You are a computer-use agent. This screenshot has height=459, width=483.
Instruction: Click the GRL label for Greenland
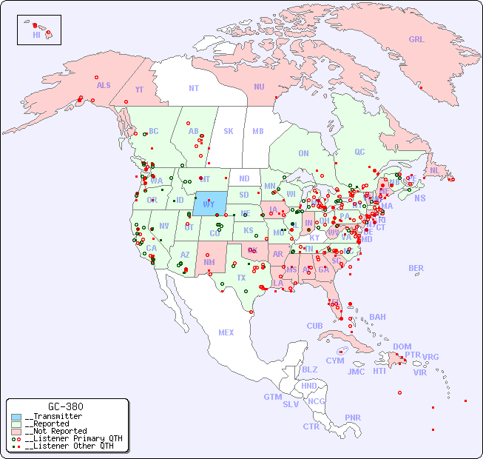[x=416, y=40]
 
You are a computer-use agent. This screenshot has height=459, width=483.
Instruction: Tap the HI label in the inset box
[x=36, y=35]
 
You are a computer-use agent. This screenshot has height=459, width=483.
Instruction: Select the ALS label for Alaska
[x=104, y=85]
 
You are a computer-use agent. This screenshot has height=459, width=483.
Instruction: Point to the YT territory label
[x=139, y=89]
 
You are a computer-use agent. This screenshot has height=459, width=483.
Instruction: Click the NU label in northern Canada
[x=259, y=87]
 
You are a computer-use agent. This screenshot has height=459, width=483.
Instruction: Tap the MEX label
[x=226, y=332]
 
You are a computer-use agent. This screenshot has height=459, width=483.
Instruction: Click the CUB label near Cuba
[x=314, y=326]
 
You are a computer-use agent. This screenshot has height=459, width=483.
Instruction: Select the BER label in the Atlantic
[x=416, y=268]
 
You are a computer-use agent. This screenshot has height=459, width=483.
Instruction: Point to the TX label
[x=241, y=278]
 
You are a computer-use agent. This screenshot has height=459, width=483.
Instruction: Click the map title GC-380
[x=65, y=406]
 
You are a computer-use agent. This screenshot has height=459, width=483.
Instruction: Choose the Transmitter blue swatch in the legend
[x=16, y=417]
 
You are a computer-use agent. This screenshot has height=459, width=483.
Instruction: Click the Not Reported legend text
[x=55, y=431]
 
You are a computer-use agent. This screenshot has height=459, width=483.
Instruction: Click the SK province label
[x=229, y=131]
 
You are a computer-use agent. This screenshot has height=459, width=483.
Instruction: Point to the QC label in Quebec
[x=359, y=152]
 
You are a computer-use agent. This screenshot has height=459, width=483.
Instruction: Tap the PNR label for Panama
[x=353, y=418]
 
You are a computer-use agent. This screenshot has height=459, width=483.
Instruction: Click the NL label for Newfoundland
[x=434, y=170]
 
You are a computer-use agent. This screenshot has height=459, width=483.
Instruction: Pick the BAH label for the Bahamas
[x=377, y=317]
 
